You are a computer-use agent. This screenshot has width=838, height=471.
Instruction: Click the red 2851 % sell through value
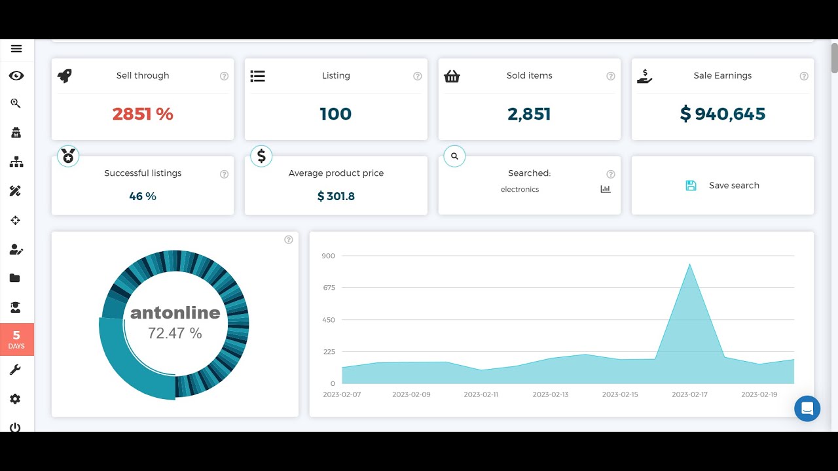[x=143, y=114]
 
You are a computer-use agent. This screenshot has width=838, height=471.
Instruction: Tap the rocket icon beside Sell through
[x=64, y=76]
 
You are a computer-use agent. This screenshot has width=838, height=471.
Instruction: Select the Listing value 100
[x=336, y=114]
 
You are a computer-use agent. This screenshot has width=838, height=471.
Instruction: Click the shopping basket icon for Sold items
[x=452, y=76]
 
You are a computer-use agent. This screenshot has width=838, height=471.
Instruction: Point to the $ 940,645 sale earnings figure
[x=723, y=114]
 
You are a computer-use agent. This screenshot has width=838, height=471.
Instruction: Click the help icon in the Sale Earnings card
[x=804, y=76]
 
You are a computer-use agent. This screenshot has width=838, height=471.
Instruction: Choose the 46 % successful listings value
[x=143, y=196]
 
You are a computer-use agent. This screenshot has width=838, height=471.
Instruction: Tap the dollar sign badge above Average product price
[x=261, y=156]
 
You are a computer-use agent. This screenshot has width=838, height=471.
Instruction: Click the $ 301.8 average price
[x=336, y=196]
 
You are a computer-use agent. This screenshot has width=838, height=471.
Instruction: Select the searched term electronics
[x=520, y=190]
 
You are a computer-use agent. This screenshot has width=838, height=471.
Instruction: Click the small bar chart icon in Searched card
[x=606, y=189]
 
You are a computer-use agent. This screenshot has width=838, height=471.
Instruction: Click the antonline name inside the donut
[x=175, y=313]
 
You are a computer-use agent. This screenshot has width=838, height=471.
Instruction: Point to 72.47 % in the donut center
[x=175, y=333]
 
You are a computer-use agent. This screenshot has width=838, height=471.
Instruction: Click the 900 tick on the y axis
[x=328, y=256]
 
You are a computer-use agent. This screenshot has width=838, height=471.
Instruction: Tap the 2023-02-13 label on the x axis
[x=551, y=394]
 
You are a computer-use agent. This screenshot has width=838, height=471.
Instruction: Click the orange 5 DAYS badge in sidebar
[x=16, y=340]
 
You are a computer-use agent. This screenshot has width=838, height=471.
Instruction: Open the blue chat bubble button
[x=807, y=409]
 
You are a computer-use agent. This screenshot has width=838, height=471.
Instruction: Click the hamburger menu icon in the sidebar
[x=16, y=48]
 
